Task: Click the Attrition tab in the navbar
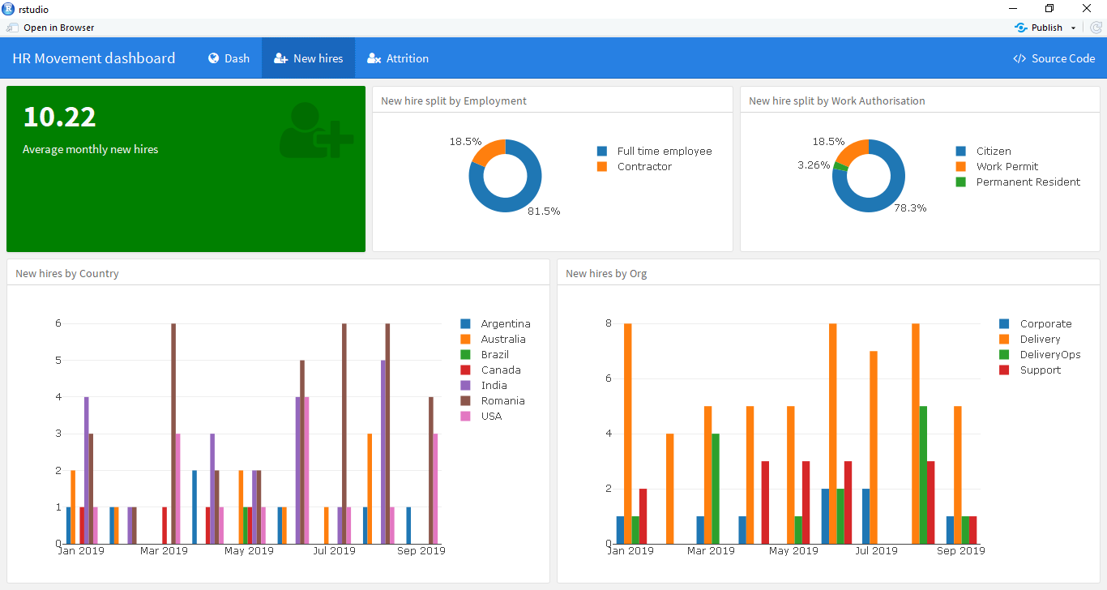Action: coord(397,58)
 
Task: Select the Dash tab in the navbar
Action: coord(229,58)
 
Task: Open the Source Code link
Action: coord(1054,58)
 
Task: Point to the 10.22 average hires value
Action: coord(59,118)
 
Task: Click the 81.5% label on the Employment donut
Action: coord(544,211)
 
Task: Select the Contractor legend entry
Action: coord(644,166)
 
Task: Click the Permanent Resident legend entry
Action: coord(1028,182)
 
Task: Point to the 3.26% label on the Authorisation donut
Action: coord(814,165)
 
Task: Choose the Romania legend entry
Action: coord(502,400)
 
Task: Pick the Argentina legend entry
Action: coord(505,323)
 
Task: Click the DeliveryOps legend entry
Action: coord(1049,354)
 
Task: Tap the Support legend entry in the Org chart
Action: coord(1040,370)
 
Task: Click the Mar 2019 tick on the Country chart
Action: coord(164,551)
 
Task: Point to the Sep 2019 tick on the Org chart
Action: coord(960,551)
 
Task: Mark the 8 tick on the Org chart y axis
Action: coord(609,323)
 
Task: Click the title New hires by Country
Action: coord(67,273)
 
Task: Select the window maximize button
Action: coord(1049,9)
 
